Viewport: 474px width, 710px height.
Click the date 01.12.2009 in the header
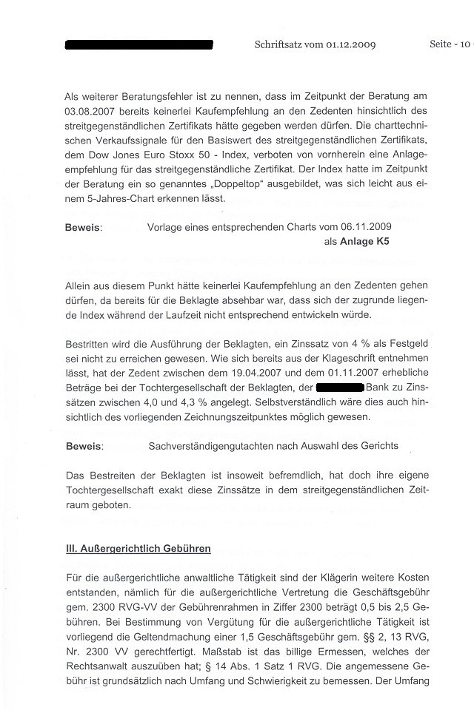(347, 44)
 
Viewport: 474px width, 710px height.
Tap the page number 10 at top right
(464, 44)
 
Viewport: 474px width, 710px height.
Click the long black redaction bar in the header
(139, 45)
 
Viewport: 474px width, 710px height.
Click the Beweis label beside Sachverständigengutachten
(83, 446)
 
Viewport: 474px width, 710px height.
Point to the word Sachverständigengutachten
(211, 446)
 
